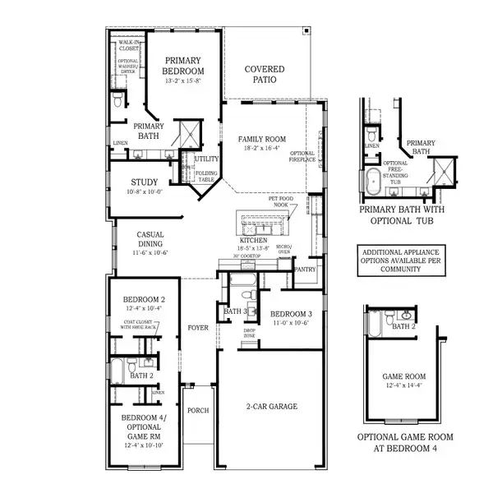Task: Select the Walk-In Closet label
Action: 128,45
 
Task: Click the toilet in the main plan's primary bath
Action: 117,100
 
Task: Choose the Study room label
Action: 144,182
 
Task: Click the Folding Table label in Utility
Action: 205,177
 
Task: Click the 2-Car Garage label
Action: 271,406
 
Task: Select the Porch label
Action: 198,410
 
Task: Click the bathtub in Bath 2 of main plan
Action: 117,371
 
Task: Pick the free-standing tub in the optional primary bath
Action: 374,182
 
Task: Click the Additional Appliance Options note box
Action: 401,258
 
